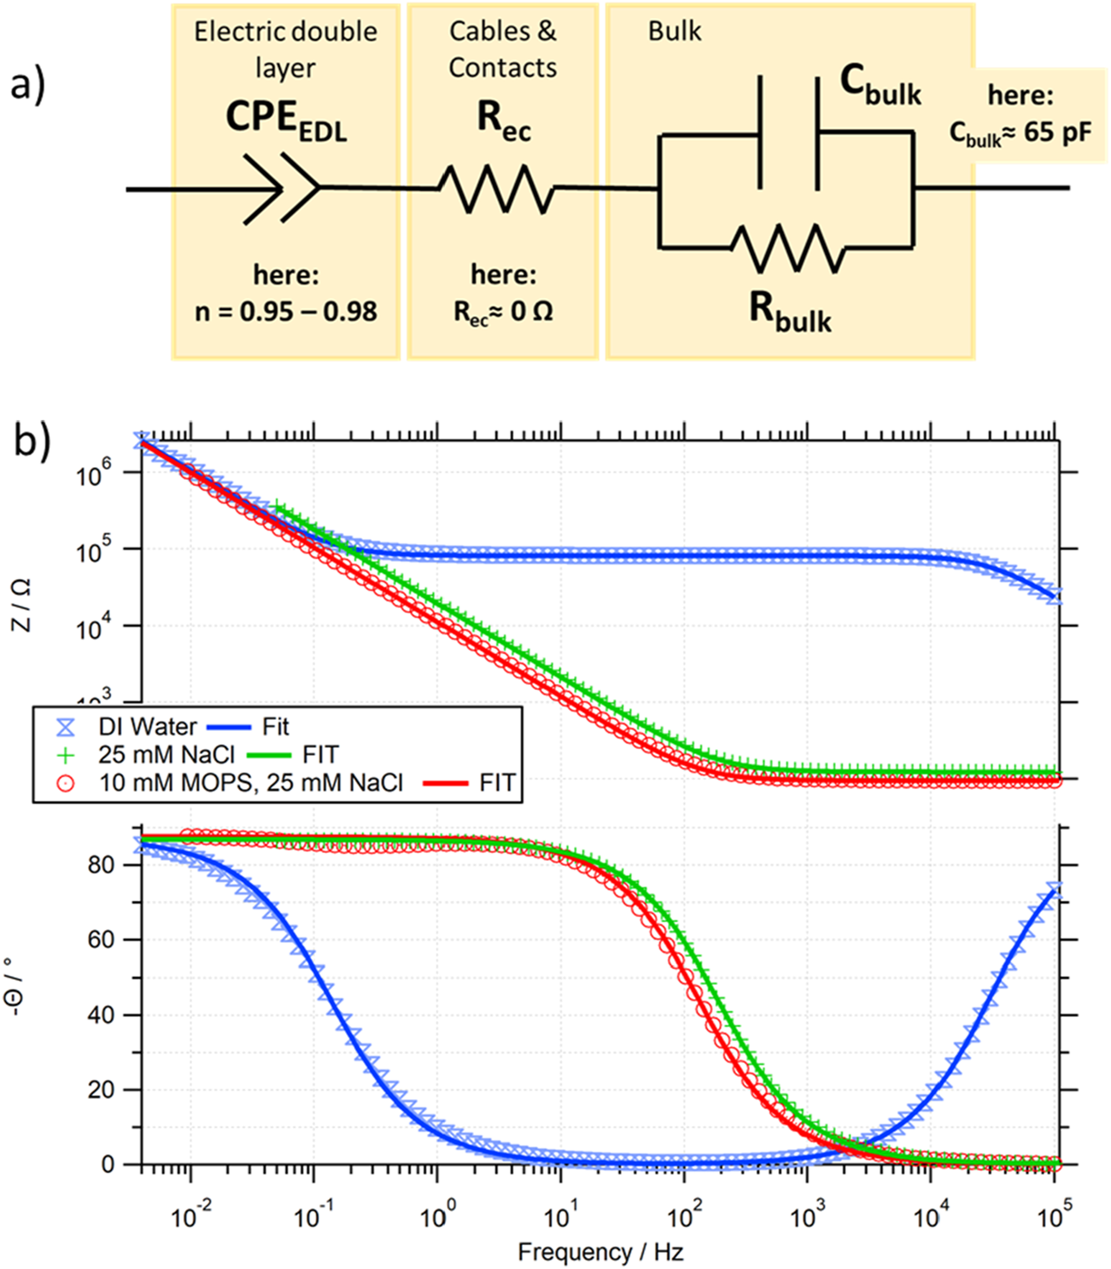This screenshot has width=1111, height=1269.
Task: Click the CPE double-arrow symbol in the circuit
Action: point(282,189)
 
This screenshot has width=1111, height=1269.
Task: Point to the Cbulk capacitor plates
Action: point(788,132)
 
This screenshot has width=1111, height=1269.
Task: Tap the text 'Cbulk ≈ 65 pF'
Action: point(1020,132)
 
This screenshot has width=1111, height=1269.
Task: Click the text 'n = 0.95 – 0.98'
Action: point(286,312)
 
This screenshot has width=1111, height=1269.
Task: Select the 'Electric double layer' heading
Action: point(285,49)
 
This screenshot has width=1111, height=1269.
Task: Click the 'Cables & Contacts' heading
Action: point(503,49)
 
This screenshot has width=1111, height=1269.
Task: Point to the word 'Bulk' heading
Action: point(675,31)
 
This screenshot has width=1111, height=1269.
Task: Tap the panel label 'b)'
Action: point(32,441)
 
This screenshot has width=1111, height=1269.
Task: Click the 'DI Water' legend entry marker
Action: point(66,727)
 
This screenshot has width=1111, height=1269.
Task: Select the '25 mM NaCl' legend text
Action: point(167,755)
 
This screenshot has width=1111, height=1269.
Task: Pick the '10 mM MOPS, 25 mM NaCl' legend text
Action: point(251,783)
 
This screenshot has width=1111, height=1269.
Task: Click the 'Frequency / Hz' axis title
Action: point(600,1252)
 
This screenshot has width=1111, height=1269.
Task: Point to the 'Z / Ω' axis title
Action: point(20,604)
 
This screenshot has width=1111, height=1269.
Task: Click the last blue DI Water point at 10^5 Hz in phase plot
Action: point(1055,890)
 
